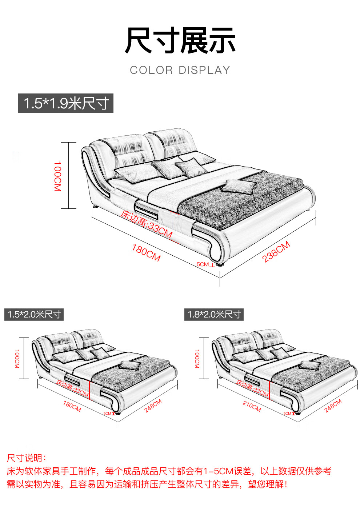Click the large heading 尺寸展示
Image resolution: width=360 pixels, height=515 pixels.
(180, 40)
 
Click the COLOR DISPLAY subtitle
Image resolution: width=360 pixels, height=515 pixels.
(180, 70)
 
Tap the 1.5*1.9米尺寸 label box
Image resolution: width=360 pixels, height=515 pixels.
(65, 103)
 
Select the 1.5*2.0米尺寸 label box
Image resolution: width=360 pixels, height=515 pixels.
(34, 315)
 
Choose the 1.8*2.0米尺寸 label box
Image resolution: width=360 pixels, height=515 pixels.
(214, 315)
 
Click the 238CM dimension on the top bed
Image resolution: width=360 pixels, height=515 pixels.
(276, 252)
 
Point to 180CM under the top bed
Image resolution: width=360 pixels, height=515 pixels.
(146, 253)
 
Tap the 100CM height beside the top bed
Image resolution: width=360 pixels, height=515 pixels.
(57, 176)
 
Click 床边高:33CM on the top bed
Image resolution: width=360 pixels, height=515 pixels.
(147, 224)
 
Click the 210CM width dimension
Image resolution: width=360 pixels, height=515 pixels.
(252, 406)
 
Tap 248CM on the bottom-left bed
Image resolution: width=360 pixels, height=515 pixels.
(153, 406)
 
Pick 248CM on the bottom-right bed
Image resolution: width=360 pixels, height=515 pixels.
(333, 406)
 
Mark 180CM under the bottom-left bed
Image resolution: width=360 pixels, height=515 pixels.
(72, 406)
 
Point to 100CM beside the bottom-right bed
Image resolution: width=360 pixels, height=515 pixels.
(197, 359)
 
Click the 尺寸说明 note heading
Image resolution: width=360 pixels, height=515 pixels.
(26, 458)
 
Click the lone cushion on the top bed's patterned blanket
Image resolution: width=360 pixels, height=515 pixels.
(239, 186)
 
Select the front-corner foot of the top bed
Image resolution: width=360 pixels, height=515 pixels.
(219, 264)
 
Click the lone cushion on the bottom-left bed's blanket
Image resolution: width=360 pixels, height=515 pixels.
(130, 365)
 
